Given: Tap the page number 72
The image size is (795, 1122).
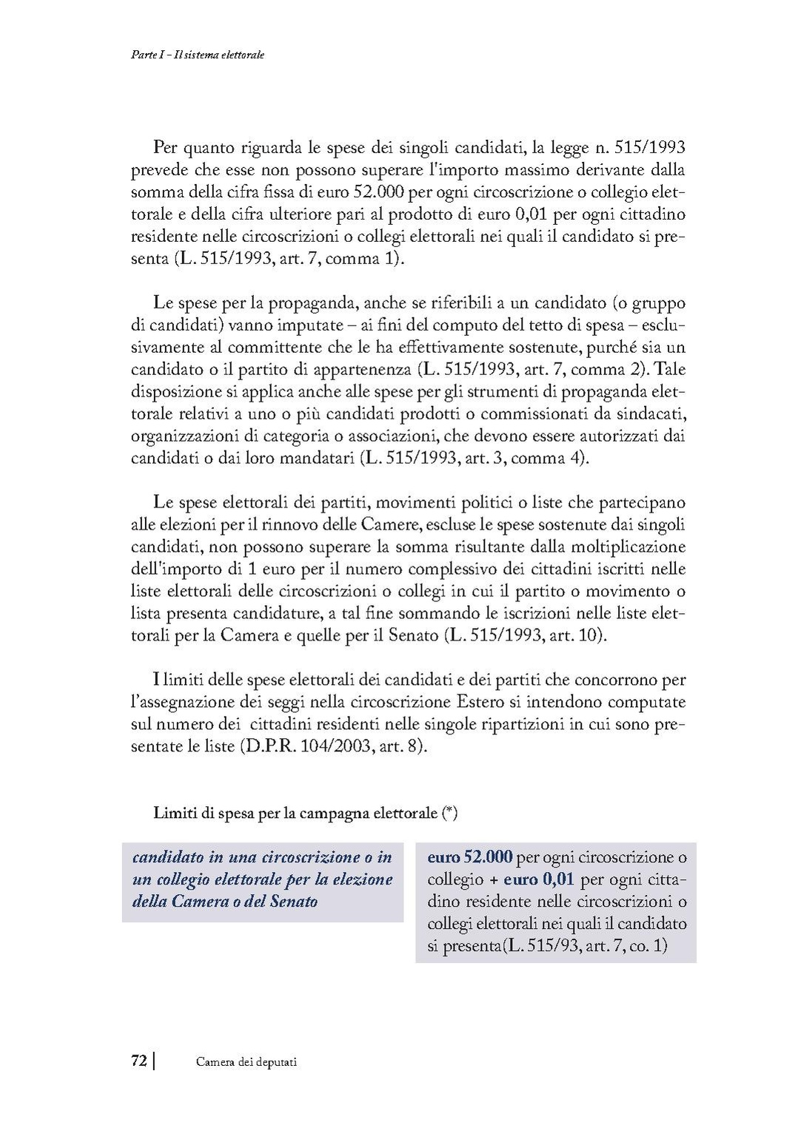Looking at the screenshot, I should (x=138, y=1061).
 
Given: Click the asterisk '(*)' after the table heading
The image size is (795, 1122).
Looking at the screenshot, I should (x=449, y=813).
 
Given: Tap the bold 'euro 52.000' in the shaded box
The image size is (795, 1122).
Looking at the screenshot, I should (x=470, y=857).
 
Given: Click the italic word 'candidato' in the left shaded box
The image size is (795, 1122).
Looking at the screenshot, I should (x=168, y=857).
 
